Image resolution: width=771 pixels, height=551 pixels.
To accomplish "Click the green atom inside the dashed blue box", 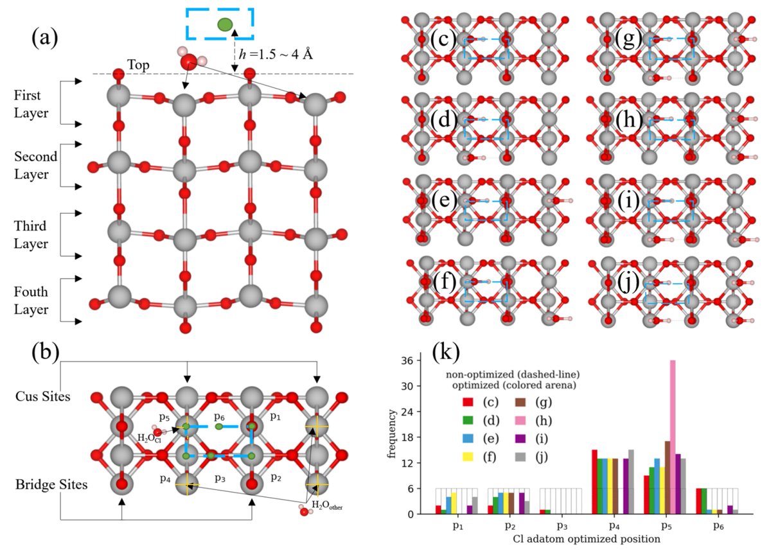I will point(225,25).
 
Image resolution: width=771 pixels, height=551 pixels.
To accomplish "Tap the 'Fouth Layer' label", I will point(31,301).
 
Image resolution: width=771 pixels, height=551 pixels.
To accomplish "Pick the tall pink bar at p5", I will point(673,437).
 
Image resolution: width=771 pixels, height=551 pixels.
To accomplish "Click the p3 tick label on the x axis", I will point(561,525).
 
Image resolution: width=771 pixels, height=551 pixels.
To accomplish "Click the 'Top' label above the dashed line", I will point(140,65).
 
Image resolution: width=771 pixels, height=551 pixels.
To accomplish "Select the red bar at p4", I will point(594,482).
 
